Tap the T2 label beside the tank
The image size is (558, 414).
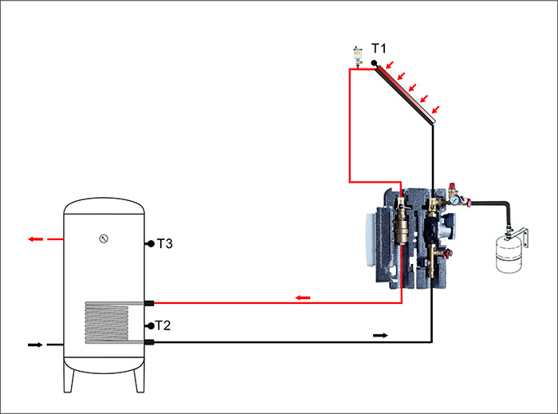click(163, 325)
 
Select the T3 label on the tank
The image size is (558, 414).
click(164, 243)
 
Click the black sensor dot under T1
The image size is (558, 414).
click(373, 64)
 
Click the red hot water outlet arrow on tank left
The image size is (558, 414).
click(36, 239)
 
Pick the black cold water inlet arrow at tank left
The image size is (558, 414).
click(35, 345)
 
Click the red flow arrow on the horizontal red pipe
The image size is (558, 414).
click(303, 298)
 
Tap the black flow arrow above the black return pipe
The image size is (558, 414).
click(380, 335)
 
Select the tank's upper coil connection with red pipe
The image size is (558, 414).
click(149, 302)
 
